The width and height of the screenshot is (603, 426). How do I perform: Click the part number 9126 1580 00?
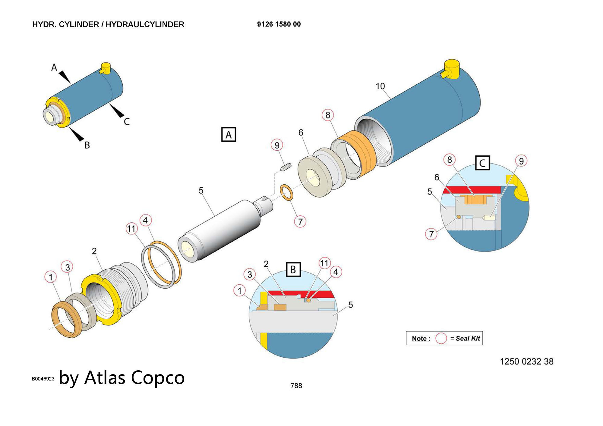click(279, 24)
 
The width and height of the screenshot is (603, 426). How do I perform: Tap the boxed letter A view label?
click(229, 135)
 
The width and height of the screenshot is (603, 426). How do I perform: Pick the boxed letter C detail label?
click(482, 163)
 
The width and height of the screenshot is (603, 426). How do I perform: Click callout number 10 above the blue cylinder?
click(380, 86)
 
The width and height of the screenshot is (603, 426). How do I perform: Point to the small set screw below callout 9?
click(286, 167)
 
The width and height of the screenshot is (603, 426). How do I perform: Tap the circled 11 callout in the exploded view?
click(131, 229)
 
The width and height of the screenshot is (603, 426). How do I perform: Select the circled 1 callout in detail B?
click(240, 291)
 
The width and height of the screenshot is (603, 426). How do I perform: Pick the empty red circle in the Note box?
click(441, 338)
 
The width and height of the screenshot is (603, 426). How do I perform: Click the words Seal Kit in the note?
click(468, 338)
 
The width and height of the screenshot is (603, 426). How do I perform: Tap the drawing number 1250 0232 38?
click(526, 362)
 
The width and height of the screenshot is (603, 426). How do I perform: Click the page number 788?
click(296, 386)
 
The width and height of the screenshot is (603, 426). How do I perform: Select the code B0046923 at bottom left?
click(43, 379)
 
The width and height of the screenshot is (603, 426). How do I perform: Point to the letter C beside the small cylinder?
click(127, 121)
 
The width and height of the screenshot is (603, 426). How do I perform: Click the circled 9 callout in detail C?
click(521, 161)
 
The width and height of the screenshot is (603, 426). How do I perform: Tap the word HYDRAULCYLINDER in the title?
click(145, 24)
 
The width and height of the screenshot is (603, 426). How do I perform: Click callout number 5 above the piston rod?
click(201, 190)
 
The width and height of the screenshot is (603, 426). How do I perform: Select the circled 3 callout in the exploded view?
click(68, 267)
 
